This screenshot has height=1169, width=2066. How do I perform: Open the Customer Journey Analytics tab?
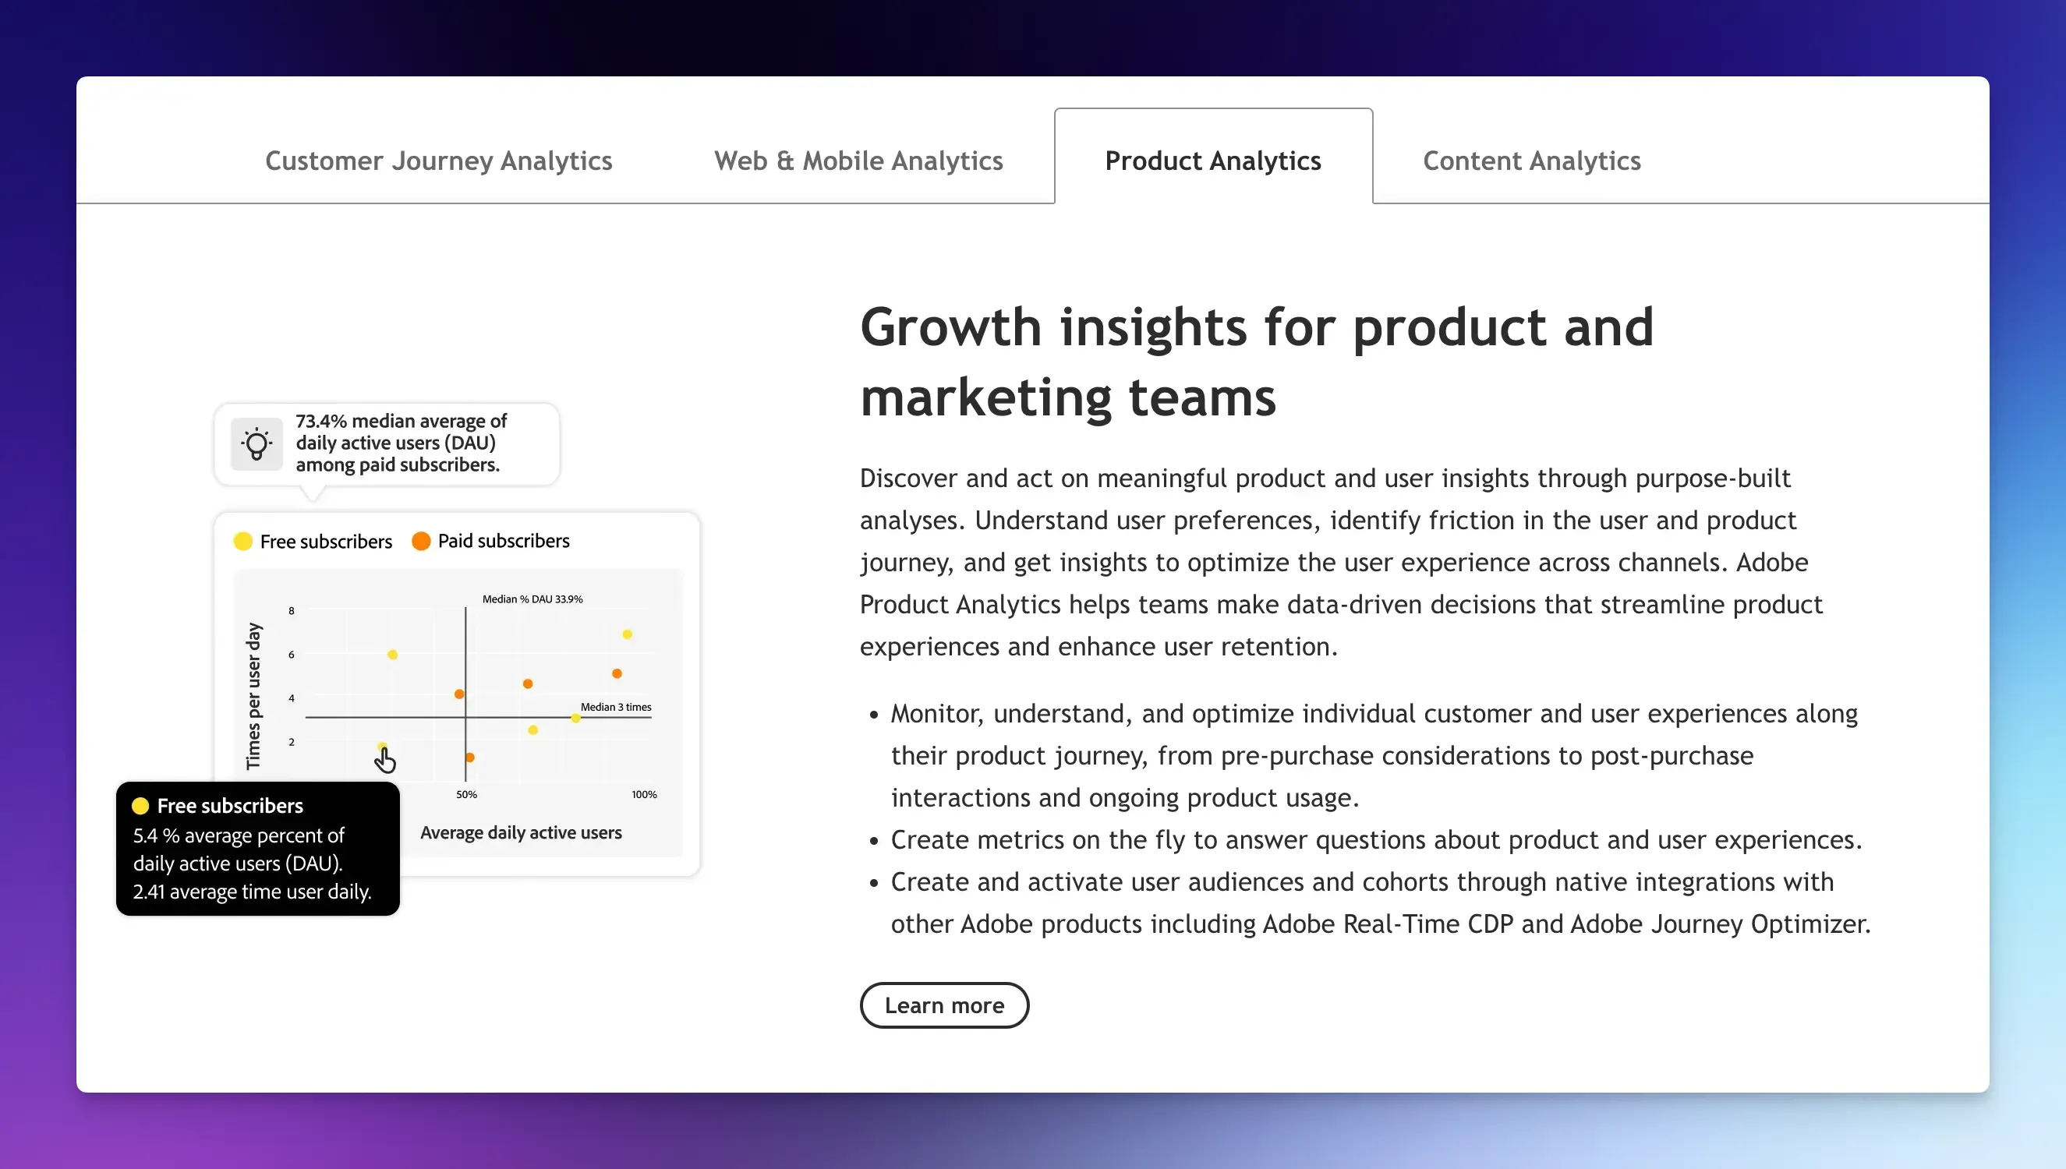click(x=438, y=161)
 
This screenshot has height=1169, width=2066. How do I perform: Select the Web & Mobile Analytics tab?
click(x=858, y=161)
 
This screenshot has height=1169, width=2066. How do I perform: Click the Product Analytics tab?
click(x=1212, y=161)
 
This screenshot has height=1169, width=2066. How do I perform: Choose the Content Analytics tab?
click(x=1531, y=161)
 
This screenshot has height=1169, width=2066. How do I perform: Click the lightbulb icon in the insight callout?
click(x=256, y=443)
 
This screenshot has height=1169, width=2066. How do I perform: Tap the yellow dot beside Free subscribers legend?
click(x=242, y=541)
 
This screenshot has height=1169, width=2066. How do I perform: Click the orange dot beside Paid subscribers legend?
click(x=421, y=541)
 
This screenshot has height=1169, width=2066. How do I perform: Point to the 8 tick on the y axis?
click(x=292, y=611)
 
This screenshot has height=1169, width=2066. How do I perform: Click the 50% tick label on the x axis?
click(x=466, y=794)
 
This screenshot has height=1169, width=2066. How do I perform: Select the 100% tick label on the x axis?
click(x=644, y=794)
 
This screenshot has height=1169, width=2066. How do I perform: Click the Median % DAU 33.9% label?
click(x=532, y=599)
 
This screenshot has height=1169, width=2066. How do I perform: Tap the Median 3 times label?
click(x=616, y=707)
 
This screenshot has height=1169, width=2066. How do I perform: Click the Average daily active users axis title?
click(x=520, y=832)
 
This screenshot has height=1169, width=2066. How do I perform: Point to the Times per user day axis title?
click(x=253, y=695)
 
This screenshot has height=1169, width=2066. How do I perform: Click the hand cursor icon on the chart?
click(x=385, y=760)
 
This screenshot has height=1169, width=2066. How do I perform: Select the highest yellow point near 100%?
click(x=627, y=634)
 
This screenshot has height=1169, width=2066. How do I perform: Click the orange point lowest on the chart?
click(x=470, y=757)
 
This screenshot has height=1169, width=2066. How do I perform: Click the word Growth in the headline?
click(x=950, y=327)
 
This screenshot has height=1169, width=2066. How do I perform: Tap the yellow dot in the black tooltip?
click(x=140, y=805)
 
